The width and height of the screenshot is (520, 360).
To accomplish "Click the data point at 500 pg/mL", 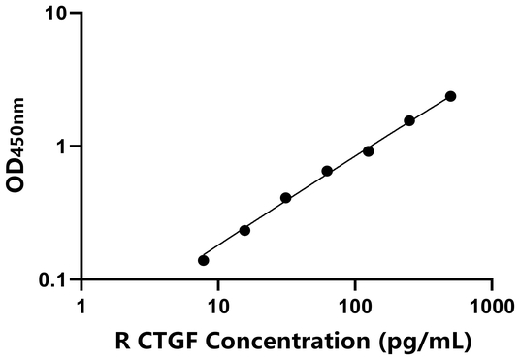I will pyautogui.click(x=451, y=96).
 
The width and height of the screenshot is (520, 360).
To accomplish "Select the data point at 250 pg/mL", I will pyautogui.click(x=409, y=120).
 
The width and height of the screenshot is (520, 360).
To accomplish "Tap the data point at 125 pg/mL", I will pyautogui.click(x=369, y=150).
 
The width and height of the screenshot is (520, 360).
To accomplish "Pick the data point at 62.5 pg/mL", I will pyautogui.click(x=327, y=171).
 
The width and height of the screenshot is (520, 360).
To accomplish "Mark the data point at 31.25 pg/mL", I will pyautogui.click(x=286, y=198).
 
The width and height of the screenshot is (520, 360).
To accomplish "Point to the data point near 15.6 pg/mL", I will pyautogui.click(x=244, y=230).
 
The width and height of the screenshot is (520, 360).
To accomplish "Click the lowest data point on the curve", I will pyautogui.click(x=203, y=260).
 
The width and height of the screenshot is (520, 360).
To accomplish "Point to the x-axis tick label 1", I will pyautogui.click(x=81, y=309).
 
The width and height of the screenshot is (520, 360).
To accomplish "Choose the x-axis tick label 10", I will pyautogui.click(x=218, y=309).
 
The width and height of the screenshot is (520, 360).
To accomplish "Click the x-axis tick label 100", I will pyautogui.click(x=355, y=309).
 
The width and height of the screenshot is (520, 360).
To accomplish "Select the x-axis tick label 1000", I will pyautogui.click(x=491, y=309).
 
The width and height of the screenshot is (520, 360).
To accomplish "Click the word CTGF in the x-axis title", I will pyautogui.click(x=161, y=341).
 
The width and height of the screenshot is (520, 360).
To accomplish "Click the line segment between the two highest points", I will pyautogui.click(x=431, y=108).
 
